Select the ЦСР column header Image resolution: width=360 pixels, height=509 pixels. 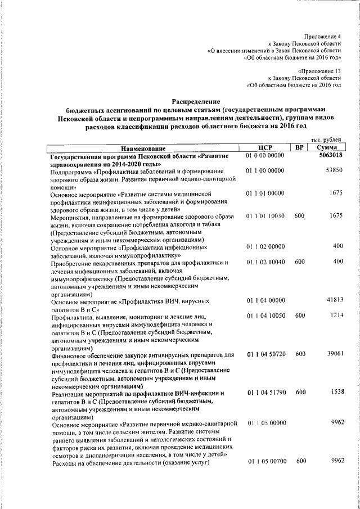point(264,147)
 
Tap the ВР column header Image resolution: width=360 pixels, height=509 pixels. point(300,147)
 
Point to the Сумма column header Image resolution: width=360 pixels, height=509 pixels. point(327,147)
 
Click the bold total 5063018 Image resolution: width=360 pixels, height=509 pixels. point(331,155)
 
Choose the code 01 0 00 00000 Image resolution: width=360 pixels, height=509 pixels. point(265,155)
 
